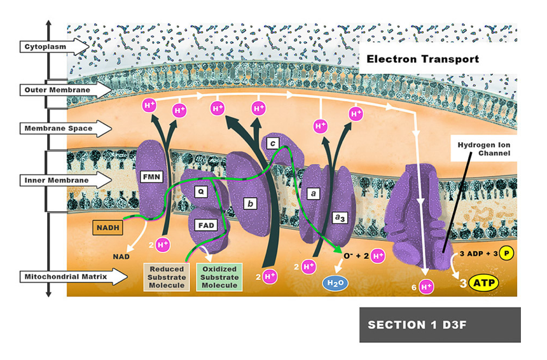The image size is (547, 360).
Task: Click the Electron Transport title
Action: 422,60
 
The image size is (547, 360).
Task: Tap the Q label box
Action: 200,190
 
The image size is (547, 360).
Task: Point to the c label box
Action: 272,144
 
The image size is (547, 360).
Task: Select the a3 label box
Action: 340,218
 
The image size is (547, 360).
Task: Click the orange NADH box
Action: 109,226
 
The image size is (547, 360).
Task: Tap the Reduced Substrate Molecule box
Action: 166,277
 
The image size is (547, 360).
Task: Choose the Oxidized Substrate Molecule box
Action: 220,277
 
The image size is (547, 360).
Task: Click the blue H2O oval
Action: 334,284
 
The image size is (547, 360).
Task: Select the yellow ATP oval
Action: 484,282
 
